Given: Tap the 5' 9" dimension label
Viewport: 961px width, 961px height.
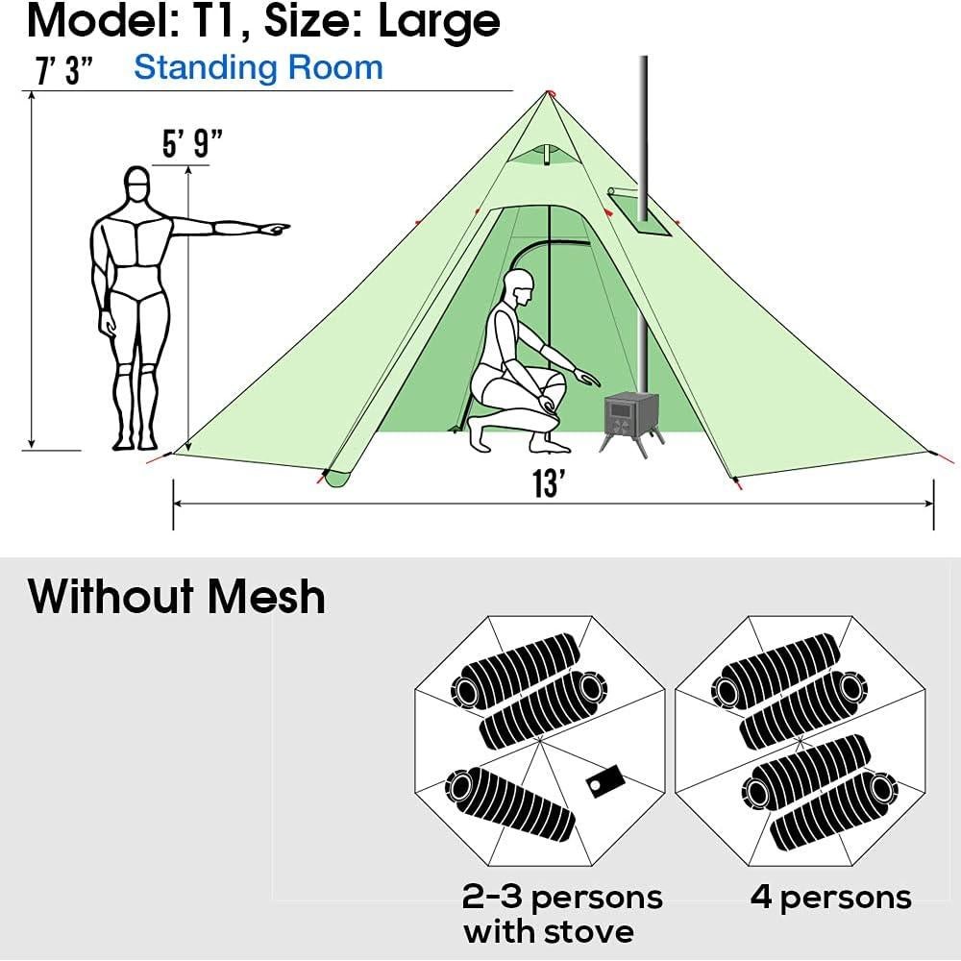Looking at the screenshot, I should tap(192, 145).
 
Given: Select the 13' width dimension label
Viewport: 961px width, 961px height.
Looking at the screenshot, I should tap(547, 483).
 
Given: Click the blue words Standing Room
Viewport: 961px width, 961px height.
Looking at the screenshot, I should tap(258, 67).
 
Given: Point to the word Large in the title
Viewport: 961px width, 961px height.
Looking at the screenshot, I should tap(439, 20).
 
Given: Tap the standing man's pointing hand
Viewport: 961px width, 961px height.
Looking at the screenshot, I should tap(274, 229).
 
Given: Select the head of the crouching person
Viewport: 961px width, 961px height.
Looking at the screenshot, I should tap(520, 285).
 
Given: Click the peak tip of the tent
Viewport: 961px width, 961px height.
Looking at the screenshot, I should tap(550, 92).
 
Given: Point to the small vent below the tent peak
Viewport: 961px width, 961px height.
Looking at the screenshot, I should tap(544, 155).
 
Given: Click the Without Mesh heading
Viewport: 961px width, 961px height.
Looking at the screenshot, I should tap(177, 596).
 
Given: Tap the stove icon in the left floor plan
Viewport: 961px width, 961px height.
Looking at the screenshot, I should tap(604, 780).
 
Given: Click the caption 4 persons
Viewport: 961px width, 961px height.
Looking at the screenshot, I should tap(830, 898).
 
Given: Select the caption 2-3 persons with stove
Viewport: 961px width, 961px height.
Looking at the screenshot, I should tap(561, 913).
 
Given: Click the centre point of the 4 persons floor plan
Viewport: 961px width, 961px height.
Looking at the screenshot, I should tap(801, 741).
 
